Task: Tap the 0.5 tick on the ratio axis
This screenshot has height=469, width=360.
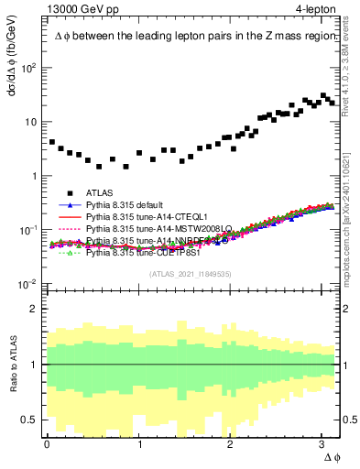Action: coord(31,420)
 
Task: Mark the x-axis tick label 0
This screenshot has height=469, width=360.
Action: coord(47,442)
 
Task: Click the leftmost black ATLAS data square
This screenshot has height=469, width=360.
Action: coord(52,143)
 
